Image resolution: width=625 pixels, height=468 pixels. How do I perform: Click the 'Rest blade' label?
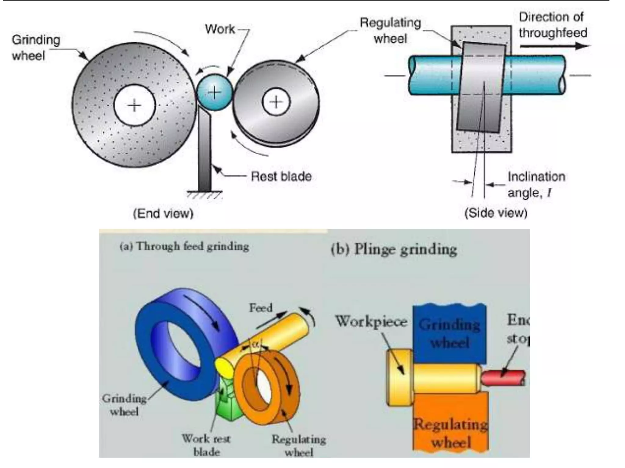click(281, 176)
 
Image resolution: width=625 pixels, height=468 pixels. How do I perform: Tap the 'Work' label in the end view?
click(220, 29)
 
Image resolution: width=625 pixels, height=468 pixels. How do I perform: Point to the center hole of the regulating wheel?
click(276, 102)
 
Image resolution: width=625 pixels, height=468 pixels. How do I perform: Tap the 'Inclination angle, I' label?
click(536, 185)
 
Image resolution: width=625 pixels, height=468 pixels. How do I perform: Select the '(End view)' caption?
click(163, 213)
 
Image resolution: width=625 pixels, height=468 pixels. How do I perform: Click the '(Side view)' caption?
click(496, 213)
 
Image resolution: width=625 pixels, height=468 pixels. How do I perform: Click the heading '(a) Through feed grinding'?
click(184, 246)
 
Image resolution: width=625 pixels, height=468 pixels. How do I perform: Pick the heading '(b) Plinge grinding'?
click(394, 250)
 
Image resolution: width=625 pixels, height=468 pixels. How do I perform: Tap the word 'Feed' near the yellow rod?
click(261, 308)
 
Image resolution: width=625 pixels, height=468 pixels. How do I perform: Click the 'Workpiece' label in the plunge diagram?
click(371, 321)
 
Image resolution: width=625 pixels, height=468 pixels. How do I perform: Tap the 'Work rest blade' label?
click(206, 445)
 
